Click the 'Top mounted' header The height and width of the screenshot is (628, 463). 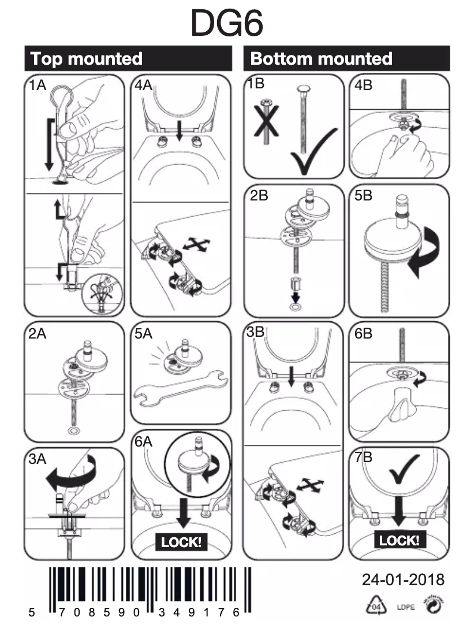(86, 58)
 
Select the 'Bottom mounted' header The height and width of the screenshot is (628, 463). (321, 58)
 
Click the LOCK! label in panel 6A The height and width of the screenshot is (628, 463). (181, 542)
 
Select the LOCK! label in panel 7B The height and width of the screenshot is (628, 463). (398, 540)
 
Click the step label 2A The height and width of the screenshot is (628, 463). (39, 333)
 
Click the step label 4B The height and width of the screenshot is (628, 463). (364, 85)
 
